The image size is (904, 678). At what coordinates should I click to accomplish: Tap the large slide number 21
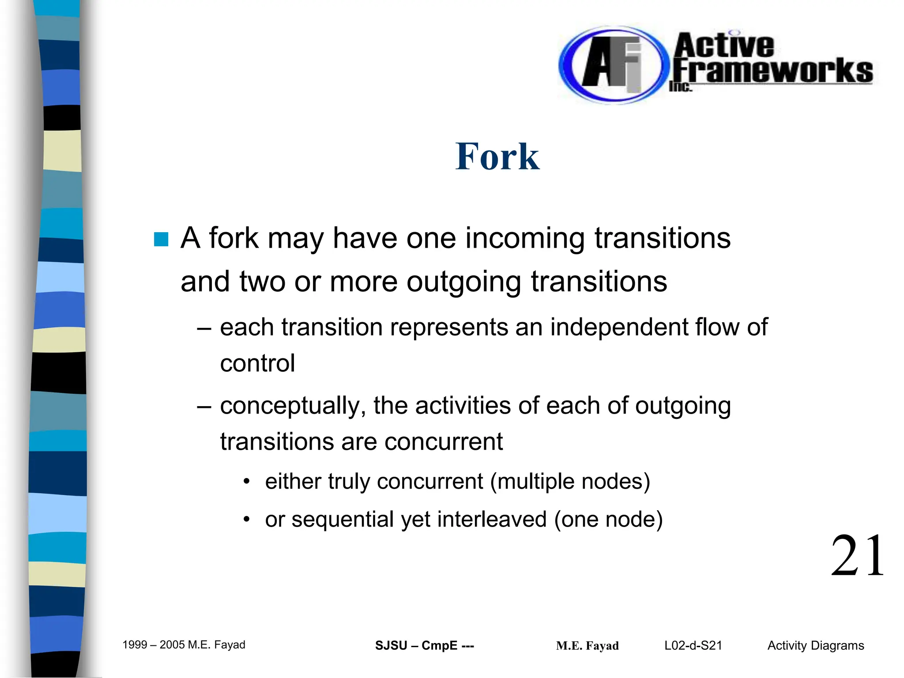coord(858,556)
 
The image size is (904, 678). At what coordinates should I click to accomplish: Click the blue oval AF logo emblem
coord(612,65)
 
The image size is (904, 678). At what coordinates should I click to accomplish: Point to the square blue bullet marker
coord(161,239)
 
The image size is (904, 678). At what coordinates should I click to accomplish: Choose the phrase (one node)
coord(608,520)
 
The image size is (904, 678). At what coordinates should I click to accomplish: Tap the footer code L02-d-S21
coord(693,646)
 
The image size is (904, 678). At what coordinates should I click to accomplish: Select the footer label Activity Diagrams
coord(816,646)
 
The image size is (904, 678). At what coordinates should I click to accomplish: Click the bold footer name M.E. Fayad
coord(587,646)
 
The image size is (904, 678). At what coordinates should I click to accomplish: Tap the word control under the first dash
coord(257,364)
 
